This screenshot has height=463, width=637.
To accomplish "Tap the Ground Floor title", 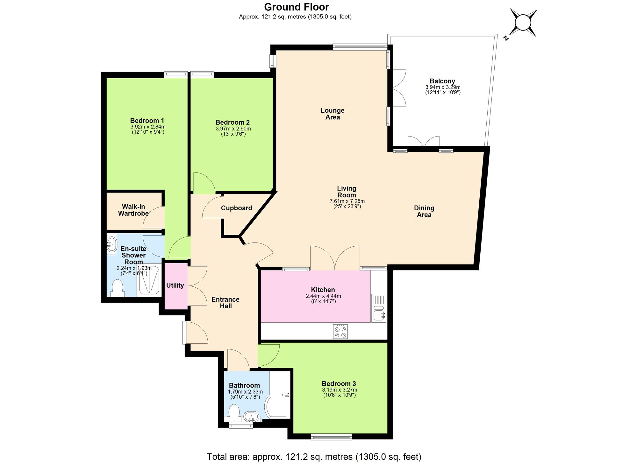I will click(297, 7).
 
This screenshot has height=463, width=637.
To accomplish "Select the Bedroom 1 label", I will click(147, 121).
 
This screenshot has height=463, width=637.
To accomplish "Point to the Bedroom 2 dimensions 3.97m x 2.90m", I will click(233, 129).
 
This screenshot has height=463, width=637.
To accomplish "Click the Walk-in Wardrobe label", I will click(133, 210).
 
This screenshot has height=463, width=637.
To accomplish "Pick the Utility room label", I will click(175, 285).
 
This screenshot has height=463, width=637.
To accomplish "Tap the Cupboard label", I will click(236, 208).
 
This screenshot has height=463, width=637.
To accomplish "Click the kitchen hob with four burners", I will click(340, 331).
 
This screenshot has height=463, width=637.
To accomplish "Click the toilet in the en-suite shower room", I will click(118, 288).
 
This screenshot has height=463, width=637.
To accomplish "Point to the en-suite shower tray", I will click(149, 280).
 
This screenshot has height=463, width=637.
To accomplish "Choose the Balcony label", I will click(442, 81).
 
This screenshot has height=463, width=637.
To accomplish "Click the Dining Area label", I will click(424, 211).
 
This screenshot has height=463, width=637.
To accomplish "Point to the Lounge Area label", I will click(332, 114).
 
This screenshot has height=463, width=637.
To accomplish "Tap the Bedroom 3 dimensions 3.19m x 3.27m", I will click(339, 390).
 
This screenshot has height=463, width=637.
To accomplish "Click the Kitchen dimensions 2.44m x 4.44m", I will click(323, 296).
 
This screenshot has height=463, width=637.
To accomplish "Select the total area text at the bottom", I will click(314, 457).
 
